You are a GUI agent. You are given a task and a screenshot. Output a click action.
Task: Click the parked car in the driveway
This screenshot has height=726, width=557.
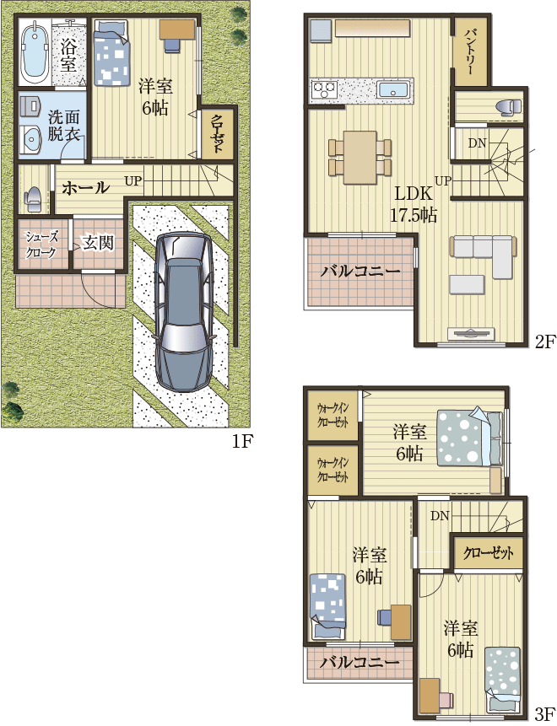click(186, 313)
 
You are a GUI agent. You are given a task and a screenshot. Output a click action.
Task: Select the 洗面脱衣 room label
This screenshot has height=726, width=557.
click(64, 126)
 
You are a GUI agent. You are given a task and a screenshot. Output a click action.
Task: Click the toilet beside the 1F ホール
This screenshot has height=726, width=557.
click(34, 199)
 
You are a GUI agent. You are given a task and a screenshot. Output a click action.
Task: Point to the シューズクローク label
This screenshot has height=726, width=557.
click(41, 245)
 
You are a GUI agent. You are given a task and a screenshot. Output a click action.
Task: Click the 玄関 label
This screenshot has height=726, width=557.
click(98, 242)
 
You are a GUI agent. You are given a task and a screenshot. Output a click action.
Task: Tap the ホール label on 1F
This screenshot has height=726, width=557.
click(86, 187)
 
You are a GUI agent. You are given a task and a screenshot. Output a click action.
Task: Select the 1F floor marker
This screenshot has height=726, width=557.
click(242, 442)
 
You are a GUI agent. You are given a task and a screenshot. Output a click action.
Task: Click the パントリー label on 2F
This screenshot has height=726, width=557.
click(470, 51)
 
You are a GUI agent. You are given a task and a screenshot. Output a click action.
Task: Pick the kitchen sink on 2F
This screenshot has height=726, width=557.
click(392, 89)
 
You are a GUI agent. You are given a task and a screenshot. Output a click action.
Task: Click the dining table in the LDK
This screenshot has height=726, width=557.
click(360, 157)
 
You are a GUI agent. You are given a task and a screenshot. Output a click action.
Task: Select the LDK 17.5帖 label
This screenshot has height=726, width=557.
click(414, 204)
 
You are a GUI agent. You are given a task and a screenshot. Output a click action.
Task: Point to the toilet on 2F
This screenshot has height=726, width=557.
click(509, 106)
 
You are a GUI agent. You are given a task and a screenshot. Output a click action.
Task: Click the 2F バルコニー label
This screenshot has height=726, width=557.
click(360, 271)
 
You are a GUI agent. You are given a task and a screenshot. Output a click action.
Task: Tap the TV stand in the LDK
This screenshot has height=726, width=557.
click(471, 334)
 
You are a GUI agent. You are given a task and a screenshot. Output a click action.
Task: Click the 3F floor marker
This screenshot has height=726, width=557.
click(545, 713)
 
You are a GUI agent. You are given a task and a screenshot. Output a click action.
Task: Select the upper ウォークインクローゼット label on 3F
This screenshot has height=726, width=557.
click(333, 415)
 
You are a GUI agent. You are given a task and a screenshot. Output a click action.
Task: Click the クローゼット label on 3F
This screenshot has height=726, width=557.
click(489, 553)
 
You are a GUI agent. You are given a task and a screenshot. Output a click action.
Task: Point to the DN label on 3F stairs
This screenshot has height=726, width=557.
click(440, 515)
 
